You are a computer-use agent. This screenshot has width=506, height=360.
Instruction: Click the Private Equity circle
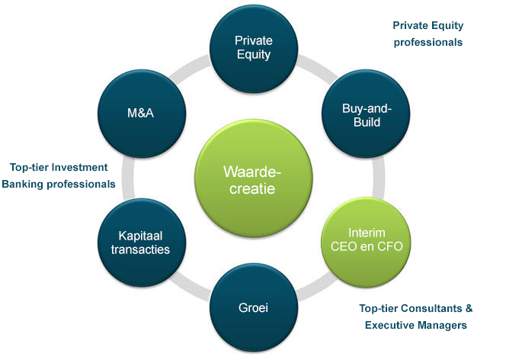(254, 49)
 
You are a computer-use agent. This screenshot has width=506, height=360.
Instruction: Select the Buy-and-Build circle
(366, 114)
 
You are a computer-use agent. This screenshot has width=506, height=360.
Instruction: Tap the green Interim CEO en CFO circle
(366, 242)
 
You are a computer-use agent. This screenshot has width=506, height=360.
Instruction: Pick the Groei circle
(254, 307)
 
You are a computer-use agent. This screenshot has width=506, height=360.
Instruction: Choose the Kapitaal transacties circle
(142, 243)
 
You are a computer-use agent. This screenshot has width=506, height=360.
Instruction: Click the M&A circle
(142, 114)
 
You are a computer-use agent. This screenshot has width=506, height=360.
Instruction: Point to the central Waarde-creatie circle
(254, 178)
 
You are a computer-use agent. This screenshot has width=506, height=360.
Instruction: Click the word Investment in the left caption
(79, 167)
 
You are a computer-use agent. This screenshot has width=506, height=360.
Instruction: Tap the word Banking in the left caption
(22, 184)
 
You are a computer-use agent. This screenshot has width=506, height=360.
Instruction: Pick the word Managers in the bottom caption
(441, 325)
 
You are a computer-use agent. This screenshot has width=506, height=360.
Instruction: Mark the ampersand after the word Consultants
(469, 308)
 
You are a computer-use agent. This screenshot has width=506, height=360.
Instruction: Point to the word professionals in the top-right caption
(428, 42)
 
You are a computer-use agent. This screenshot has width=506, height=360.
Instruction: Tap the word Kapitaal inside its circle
(140, 236)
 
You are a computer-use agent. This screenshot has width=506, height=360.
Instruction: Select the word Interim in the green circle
(367, 233)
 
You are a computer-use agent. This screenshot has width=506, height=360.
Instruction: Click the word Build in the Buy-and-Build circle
(367, 122)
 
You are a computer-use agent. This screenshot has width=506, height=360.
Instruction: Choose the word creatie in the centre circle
(252, 188)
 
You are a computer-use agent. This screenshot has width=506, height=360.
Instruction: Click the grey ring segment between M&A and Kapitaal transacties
(128, 178)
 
